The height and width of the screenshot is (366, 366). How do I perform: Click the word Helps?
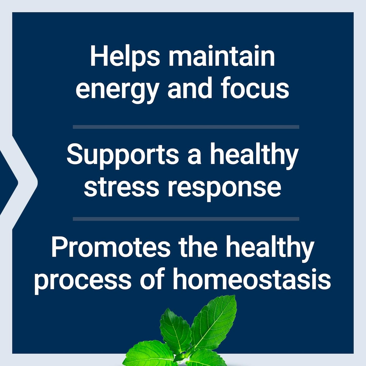[x=125, y=58]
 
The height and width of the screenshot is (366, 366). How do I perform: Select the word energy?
[x=117, y=90]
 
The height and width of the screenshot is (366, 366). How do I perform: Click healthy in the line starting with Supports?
[x=254, y=155]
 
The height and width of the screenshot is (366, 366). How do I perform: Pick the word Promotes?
[x=111, y=247]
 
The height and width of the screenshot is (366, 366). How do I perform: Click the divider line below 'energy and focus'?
[x=186, y=127]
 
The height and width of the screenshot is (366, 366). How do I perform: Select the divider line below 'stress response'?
[x=186, y=219]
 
